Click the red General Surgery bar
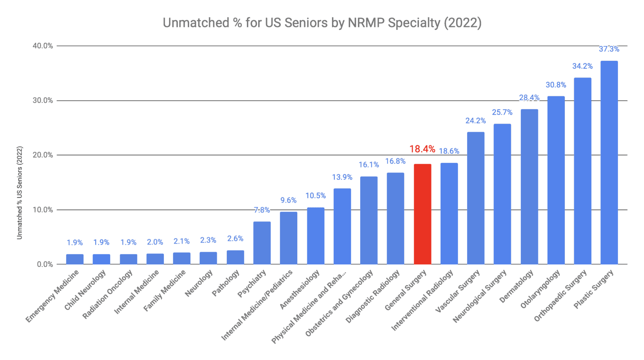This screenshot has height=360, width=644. (x=422, y=214)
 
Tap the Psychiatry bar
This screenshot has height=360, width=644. (x=262, y=243)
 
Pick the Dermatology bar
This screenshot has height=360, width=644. (x=529, y=187)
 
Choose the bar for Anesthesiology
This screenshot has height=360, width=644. (x=315, y=236)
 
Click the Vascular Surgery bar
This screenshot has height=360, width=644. (x=475, y=198)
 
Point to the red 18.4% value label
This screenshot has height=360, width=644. (x=422, y=149)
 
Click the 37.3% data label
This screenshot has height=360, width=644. (x=609, y=49)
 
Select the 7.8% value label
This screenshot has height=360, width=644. (x=262, y=210)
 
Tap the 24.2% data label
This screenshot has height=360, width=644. (x=475, y=121)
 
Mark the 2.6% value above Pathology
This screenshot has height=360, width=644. (x=235, y=238)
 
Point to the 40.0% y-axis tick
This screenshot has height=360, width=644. (x=43, y=46)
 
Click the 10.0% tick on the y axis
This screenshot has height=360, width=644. (x=43, y=210)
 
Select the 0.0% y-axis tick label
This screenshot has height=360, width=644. (x=44, y=264)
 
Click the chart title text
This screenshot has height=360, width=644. (x=322, y=23)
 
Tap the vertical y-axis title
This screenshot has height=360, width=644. (x=19, y=193)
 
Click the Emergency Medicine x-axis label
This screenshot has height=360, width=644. (x=52, y=297)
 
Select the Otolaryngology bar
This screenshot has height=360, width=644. (x=556, y=180)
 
